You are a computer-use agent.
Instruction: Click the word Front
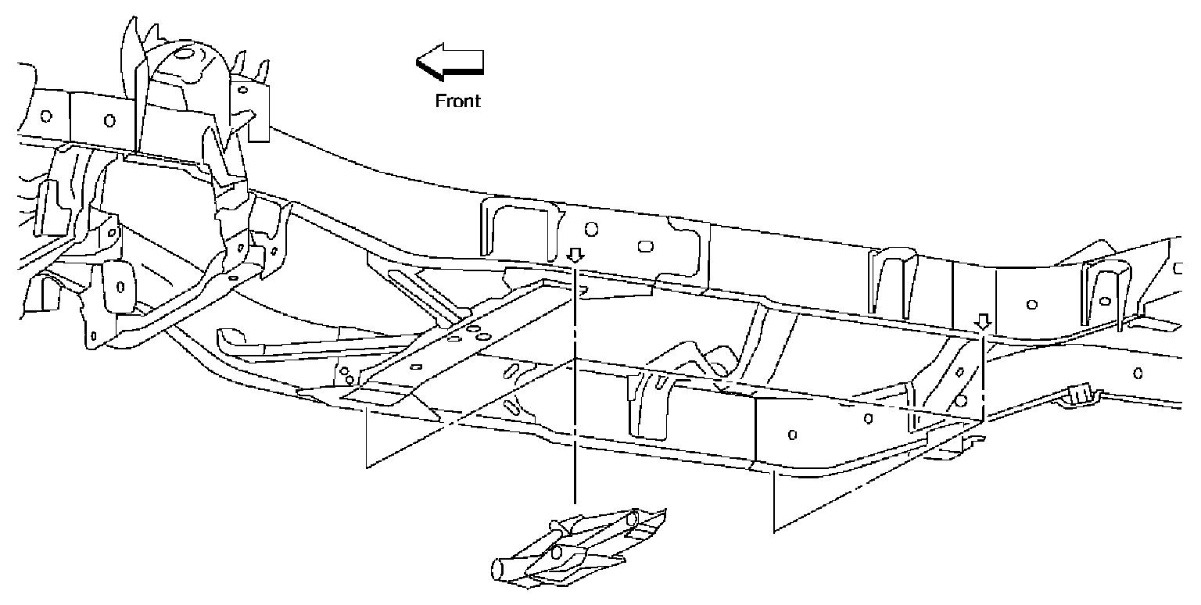(458, 100)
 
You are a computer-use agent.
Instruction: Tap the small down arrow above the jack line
(575, 256)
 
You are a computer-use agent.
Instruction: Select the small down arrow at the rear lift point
(983, 321)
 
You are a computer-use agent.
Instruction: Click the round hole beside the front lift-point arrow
(592, 230)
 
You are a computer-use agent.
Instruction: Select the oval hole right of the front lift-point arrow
(646, 245)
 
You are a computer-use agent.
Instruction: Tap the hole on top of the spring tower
(185, 55)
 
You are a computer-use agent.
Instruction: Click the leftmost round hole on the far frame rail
(46, 116)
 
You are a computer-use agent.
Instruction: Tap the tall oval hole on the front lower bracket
(120, 285)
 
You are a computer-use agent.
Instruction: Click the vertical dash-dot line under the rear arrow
(983, 375)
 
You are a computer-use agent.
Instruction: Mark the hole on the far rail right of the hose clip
(1138, 373)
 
